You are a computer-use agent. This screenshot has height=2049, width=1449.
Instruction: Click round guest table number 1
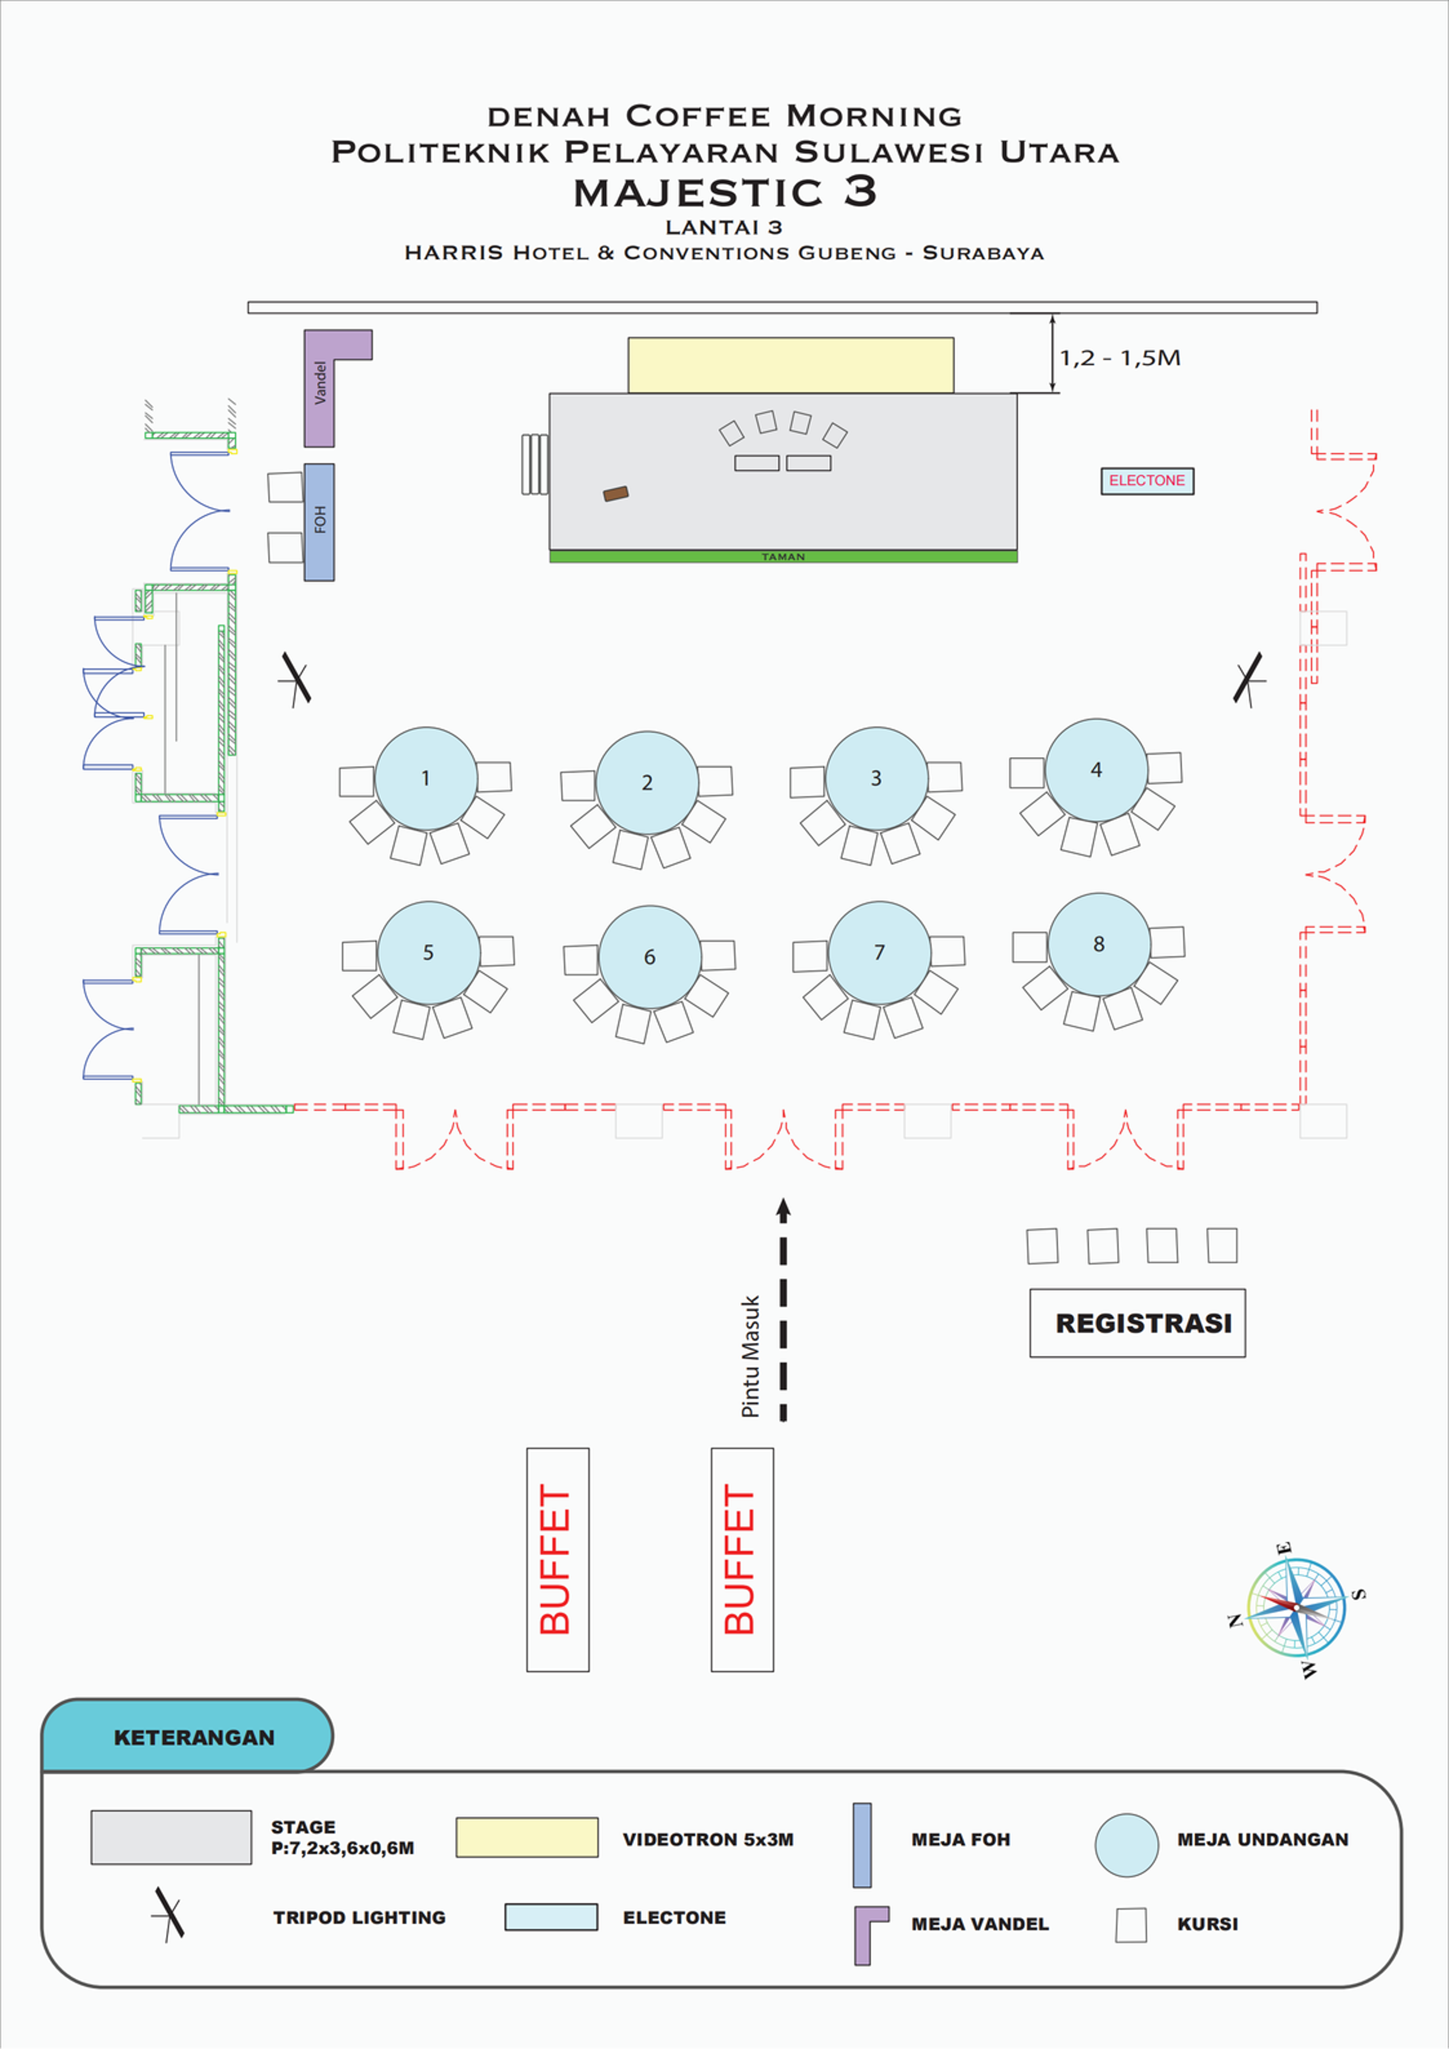click(426, 778)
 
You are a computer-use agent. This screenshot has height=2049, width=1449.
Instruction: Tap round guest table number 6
click(650, 957)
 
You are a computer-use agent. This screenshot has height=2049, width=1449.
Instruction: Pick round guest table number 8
click(1099, 944)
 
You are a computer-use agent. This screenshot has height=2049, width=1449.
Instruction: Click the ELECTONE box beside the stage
click(1147, 481)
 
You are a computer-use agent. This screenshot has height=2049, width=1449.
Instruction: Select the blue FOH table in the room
click(319, 522)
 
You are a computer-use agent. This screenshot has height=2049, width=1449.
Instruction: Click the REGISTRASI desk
click(1138, 1323)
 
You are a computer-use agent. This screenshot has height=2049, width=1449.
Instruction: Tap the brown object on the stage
click(616, 494)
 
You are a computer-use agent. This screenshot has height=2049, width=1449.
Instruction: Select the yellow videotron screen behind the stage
click(791, 365)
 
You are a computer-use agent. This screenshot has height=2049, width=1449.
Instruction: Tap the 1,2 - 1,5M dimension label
click(1119, 358)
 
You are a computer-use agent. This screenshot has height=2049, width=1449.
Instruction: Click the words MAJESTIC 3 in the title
click(725, 193)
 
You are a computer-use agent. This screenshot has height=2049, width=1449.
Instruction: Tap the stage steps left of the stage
click(535, 464)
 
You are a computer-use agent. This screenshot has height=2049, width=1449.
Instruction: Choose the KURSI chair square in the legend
click(1131, 1925)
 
